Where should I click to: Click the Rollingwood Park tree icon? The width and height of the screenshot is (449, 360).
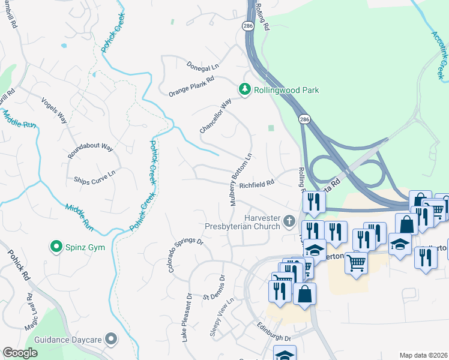coord(245,89)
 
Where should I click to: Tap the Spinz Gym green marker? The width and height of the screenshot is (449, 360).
coord(56,247)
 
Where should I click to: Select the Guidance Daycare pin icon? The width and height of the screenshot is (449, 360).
coord(110,339)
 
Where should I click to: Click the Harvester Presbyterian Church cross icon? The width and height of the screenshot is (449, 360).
coord(289,221)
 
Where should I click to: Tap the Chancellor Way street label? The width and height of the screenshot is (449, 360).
coord(215,116)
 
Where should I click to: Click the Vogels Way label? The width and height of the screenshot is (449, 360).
coord(54,109)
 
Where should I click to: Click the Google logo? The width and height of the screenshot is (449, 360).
coord(20,353)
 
